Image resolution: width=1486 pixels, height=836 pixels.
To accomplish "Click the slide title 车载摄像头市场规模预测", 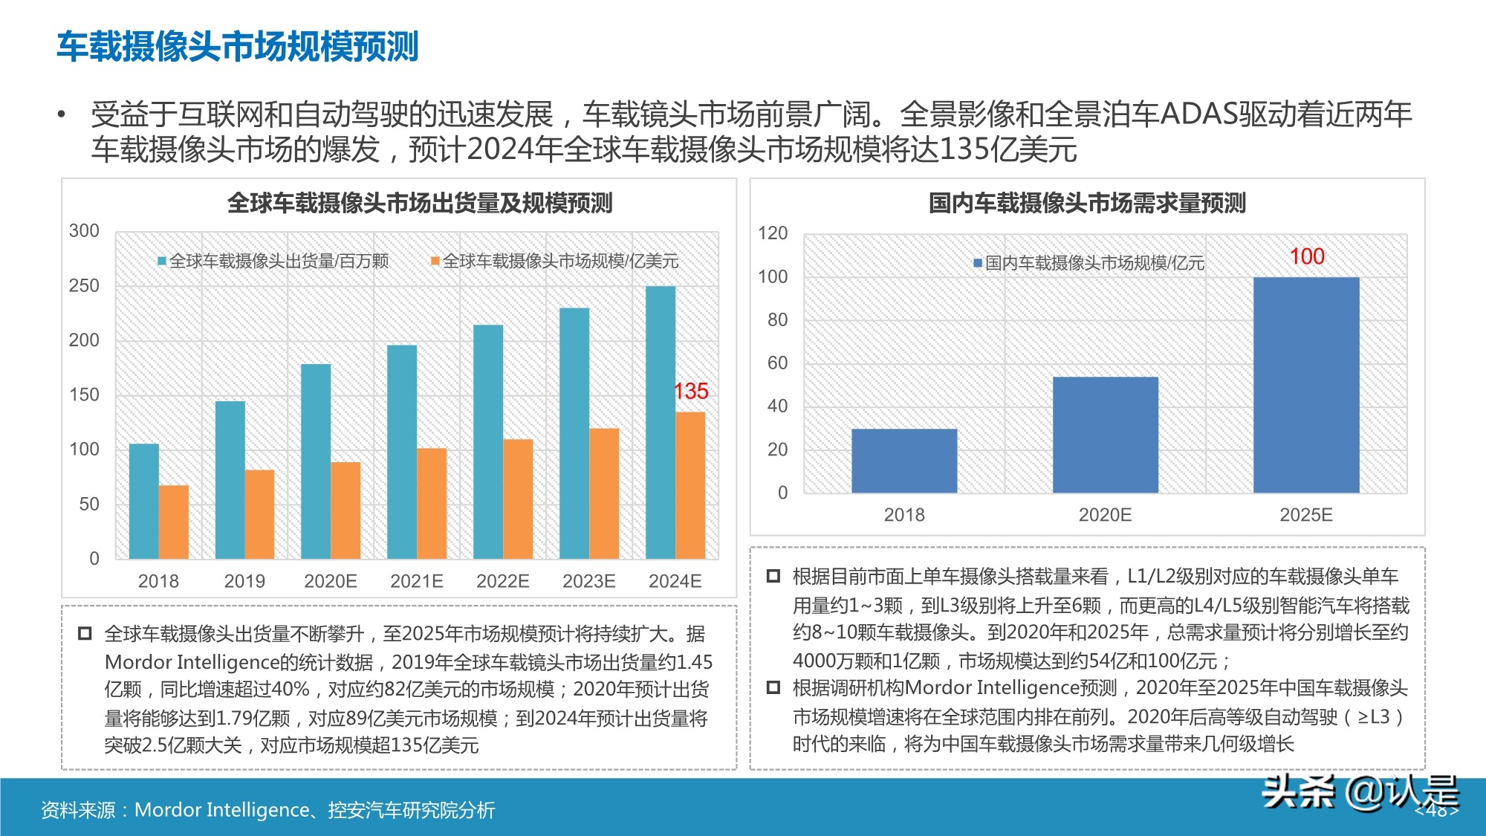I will pos(238,46).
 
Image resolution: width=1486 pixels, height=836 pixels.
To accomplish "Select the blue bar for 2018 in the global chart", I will pos(144,501).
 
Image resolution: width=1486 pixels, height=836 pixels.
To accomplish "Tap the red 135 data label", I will pos(691,392).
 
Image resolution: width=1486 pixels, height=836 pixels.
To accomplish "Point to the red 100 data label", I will pos(1307,257).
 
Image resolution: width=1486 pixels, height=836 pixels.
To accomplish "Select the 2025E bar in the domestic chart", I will pos(1306,385).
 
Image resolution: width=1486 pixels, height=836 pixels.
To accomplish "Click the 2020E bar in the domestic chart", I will pos(1105,435).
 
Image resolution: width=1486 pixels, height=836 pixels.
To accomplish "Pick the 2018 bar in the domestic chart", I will pos(904,461).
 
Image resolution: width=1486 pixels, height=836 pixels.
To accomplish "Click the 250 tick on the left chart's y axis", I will pos(84,286).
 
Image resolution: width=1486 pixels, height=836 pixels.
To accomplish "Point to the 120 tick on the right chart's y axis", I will pos(773,233).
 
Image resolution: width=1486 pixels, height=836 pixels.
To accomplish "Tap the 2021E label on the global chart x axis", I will pos(417,581).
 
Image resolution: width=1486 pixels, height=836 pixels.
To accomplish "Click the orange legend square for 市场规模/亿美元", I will pos(435,262).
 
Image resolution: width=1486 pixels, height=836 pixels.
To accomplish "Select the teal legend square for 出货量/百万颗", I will pos(162,262).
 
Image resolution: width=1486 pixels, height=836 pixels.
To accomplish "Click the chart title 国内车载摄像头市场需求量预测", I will pos(1087,203).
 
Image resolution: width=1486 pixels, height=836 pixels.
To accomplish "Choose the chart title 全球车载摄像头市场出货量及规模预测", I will pos(420,203).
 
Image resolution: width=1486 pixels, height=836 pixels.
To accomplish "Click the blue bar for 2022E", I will pos(488,441).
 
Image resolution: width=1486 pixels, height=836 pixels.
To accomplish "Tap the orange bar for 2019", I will pos(259,514).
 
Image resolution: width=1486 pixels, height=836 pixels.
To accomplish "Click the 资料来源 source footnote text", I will pos(268,810).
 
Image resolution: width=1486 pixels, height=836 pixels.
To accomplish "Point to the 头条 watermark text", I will pos(1299,792).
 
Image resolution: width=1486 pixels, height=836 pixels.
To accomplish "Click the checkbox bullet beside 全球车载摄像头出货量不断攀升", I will pos(85,634).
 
